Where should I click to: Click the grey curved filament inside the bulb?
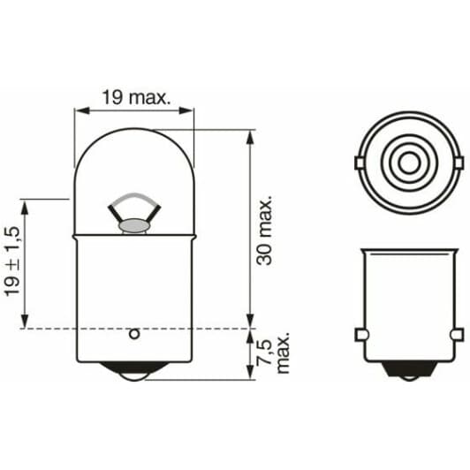(133, 198)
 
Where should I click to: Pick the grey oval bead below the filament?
(133, 226)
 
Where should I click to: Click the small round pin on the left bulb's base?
(133, 334)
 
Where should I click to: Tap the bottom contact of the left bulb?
(133, 373)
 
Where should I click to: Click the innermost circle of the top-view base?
(408, 162)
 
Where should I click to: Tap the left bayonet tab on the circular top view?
(358, 163)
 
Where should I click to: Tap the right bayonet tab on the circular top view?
(459, 163)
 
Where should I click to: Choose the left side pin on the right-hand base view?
(360, 334)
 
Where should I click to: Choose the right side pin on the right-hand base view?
(457, 334)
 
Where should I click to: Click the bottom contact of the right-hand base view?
(408, 374)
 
